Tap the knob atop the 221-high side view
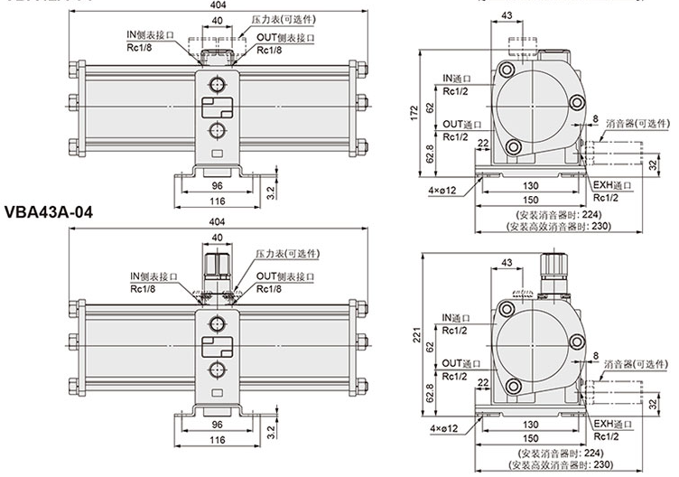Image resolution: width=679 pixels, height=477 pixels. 550,266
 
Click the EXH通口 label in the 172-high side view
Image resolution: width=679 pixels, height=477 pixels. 610,185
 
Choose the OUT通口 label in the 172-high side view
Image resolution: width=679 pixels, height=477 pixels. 460,124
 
